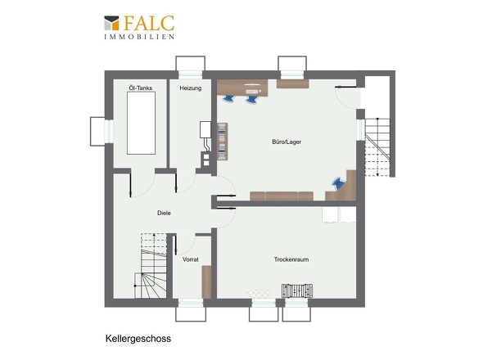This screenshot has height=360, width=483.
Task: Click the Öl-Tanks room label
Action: point(141,88)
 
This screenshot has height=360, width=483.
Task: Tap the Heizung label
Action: point(191,88)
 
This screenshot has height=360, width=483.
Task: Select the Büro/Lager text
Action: point(287,142)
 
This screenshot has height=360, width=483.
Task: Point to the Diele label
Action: point(164,213)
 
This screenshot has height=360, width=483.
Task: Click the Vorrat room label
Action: point(191,259)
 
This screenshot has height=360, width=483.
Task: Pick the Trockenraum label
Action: point(291,259)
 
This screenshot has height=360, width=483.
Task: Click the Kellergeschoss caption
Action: point(138,339)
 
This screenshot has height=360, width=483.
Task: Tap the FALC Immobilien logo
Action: point(139,27)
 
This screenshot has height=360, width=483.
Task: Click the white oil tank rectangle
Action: point(141,123)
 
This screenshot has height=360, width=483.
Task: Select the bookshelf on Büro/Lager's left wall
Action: point(223,142)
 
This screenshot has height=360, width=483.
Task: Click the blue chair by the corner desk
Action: point(339,183)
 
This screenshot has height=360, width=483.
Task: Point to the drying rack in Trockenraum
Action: point(297,290)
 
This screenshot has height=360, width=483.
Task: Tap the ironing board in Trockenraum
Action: point(259,294)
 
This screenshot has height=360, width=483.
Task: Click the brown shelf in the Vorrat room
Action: point(206,281)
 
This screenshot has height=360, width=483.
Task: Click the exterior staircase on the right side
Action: point(377,147)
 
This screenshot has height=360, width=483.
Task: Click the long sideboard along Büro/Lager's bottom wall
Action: point(282,196)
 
